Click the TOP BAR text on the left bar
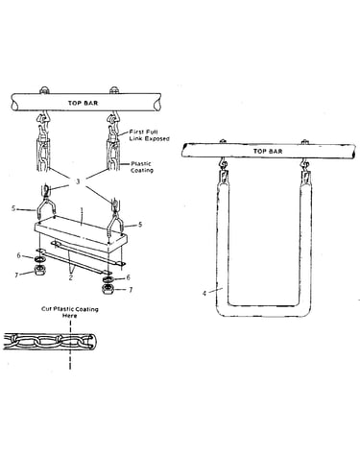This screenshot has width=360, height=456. pos(83,103)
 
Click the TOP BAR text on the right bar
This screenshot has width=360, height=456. pos(268,151)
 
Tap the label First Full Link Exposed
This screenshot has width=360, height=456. pos(149,135)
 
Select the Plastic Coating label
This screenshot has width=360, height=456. pos(141,167)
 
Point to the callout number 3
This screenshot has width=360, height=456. pos(78,181)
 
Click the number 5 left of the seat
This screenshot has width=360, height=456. pos(13,208)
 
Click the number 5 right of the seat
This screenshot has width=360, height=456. pos(140,225)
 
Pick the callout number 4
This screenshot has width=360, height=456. pos(204,293)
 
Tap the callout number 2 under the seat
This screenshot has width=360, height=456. pos(71,277)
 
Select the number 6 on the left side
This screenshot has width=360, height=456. pos(19,255)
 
